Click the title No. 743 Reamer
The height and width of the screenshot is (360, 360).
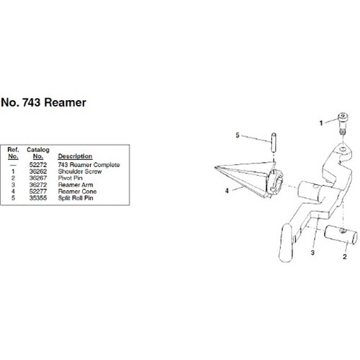pos(43,102)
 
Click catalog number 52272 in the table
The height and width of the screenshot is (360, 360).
pos(38,165)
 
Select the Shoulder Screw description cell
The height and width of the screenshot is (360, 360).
pos(80,171)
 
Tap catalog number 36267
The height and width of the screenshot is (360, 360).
pos(38,178)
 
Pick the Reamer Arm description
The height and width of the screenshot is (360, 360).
pos(76,185)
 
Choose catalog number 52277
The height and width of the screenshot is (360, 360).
pos(38,192)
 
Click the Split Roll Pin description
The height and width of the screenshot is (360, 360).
pos(76,198)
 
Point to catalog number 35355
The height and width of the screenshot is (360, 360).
pos(38,198)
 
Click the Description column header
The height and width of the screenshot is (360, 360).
pos(75,156)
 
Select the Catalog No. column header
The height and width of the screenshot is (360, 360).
pos(38,153)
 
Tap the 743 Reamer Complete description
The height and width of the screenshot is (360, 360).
pos(89,165)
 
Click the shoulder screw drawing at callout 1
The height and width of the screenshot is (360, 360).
pos(343,124)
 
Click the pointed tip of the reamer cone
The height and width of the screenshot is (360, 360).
pos(215,168)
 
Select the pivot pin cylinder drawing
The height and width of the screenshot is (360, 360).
pos(341,235)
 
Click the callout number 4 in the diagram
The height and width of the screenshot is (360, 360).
pos(227,191)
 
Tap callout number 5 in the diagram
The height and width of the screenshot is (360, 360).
pos(238,135)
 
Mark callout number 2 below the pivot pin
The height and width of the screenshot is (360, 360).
pos(345,256)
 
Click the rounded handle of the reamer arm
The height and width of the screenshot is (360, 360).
pos(287,243)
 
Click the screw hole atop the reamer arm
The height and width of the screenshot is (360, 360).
pos(343,149)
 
